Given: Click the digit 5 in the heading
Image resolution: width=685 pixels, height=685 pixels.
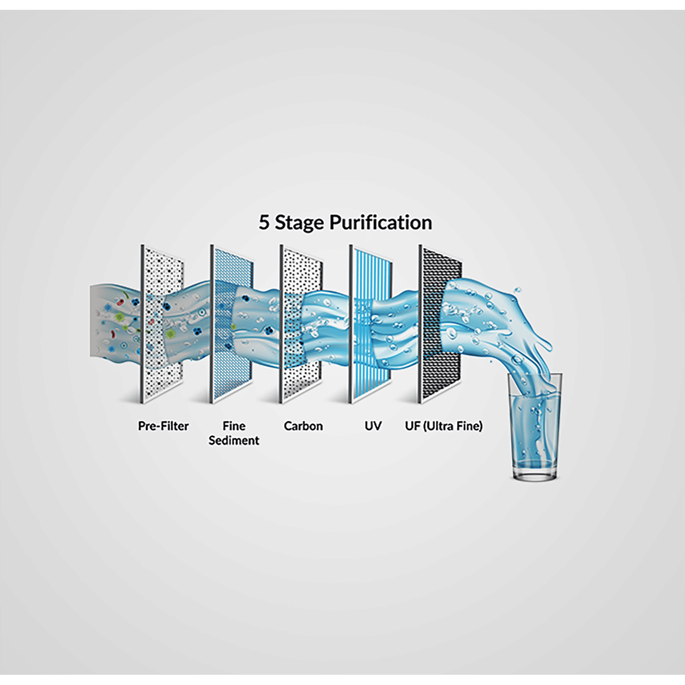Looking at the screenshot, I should point(264,223).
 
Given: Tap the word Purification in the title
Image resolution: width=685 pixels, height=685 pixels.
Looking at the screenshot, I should point(381,223).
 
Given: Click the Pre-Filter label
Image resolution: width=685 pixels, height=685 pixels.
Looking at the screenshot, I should point(163,426).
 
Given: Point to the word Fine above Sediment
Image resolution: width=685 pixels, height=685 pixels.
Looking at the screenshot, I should point(234,426).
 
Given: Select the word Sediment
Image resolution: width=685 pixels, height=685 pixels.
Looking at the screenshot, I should point(234,441).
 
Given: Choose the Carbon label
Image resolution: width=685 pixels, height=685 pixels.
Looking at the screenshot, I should point(303,426).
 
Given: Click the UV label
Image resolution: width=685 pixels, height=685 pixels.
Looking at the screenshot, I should point(373,426).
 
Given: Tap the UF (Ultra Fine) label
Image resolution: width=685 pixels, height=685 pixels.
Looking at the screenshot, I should point(444,426).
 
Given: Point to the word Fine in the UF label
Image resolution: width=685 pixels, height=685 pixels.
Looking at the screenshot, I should point(469,426).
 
